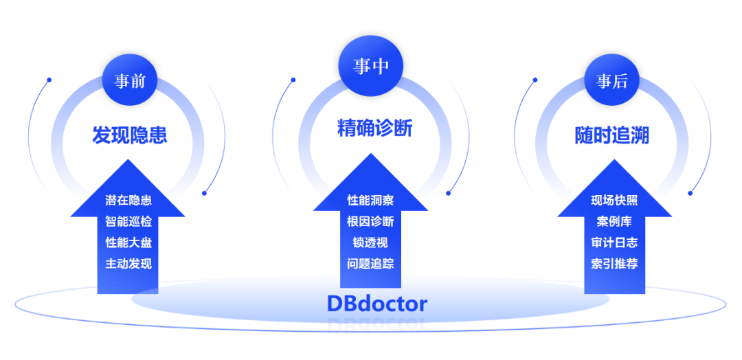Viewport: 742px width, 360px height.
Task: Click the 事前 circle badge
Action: pyautogui.click(x=129, y=80)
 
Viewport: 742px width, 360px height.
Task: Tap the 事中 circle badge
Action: pyautogui.click(x=371, y=67)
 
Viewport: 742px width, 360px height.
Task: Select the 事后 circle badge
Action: pyautogui.click(x=611, y=80)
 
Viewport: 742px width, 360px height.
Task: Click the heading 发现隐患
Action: pyautogui.click(x=129, y=135)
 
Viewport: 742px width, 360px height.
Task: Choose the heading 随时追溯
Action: pyautogui.click(x=611, y=135)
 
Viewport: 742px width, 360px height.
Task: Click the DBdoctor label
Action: pyautogui.click(x=377, y=304)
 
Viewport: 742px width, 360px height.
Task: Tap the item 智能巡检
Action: pyautogui.click(x=128, y=221)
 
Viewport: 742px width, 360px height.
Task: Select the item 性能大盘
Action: pyautogui.click(x=128, y=243)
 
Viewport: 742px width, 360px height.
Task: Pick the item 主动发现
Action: pyautogui.click(x=128, y=264)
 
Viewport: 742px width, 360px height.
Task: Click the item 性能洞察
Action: pyautogui.click(x=370, y=200)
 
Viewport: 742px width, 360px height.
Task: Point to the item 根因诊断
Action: pyautogui.click(x=370, y=221)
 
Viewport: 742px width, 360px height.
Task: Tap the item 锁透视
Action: pyautogui.click(x=370, y=243)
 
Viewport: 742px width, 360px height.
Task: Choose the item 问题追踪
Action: pyautogui.click(x=370, y=264)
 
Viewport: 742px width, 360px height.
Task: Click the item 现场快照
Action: pyautogui.click(x=614, y=200)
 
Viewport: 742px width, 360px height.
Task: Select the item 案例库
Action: pyautogui.click(x=614, y=221)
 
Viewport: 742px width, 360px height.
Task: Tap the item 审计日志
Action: pyautogui.click(x=614, y=243)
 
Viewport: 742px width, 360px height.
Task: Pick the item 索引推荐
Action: pyautogui.click(x=614, y=264)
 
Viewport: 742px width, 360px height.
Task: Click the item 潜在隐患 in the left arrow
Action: pyautogui.click(x=128, y=200)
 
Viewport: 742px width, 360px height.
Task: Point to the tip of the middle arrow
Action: pyautogui.click(x=370, y=153)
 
